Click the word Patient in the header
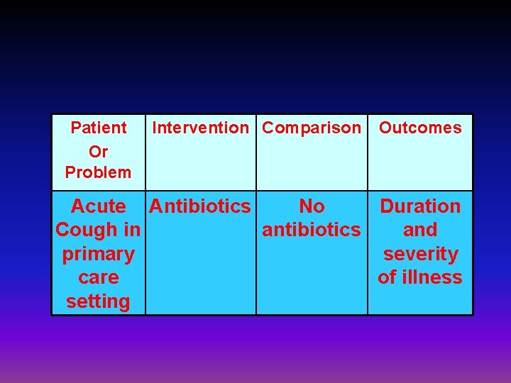click(x=99, y=128)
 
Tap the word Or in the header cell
click(x=98, y=150)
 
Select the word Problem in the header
click(x=98, y=172)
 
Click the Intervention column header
click(x=201, y=128)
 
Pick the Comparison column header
click(x=312, y=128)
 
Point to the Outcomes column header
click(x=420, y=128)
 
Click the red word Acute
click(x=99, y=206)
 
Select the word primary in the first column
click(x=98, y=254)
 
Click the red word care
click(x=98, y=277)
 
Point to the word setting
click(x=98, y=301)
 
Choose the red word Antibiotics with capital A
click(x=200, y=206)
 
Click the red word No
click(x=312, y=206)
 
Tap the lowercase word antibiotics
click(x=312, y=230)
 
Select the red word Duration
click(x=420, y=206)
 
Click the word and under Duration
click(x=420, y=230)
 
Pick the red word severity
click(x=420, y=254)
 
